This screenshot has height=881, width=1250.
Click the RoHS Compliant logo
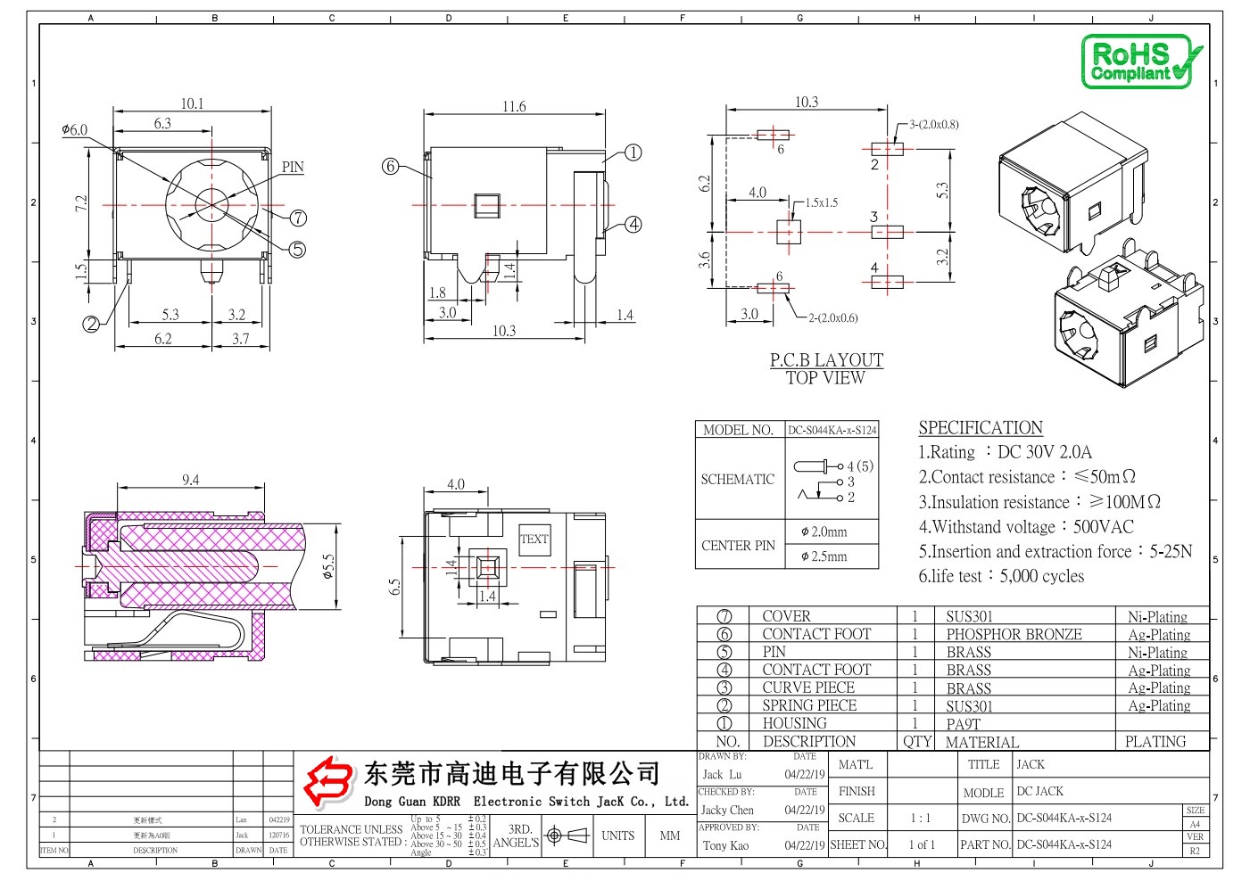tap(1141, 62)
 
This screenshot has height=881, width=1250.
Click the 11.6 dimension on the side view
tap(514, 107)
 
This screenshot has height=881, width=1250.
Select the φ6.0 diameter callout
tap(75, 130)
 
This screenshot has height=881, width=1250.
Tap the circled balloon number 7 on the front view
tap(298, 218)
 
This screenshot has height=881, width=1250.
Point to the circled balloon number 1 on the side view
tap(633, 152)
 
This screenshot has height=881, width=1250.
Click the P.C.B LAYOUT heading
tap(826, 360)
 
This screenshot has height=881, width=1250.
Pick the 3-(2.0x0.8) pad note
tap(933, 125)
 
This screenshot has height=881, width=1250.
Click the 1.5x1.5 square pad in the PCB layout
tap(789, 232)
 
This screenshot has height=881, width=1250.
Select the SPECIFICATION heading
tap(981, 428)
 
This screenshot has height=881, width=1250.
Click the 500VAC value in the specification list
tap(1104, 527)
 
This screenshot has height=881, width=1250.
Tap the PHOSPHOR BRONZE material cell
tap(1014, 635)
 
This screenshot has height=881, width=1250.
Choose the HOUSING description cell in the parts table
tap(794, 724)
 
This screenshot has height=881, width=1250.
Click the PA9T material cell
tap(964, 724)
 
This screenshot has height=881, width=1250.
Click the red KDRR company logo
tap(327, 781)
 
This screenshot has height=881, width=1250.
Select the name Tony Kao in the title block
tap(725, 845)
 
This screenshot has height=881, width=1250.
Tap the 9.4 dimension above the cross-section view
tap(191, 481)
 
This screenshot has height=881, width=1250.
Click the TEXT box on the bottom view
tap(534, 539)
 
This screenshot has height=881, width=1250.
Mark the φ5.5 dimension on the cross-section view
tap(328, 567)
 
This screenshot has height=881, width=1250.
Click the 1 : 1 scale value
tap(920, 818)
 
